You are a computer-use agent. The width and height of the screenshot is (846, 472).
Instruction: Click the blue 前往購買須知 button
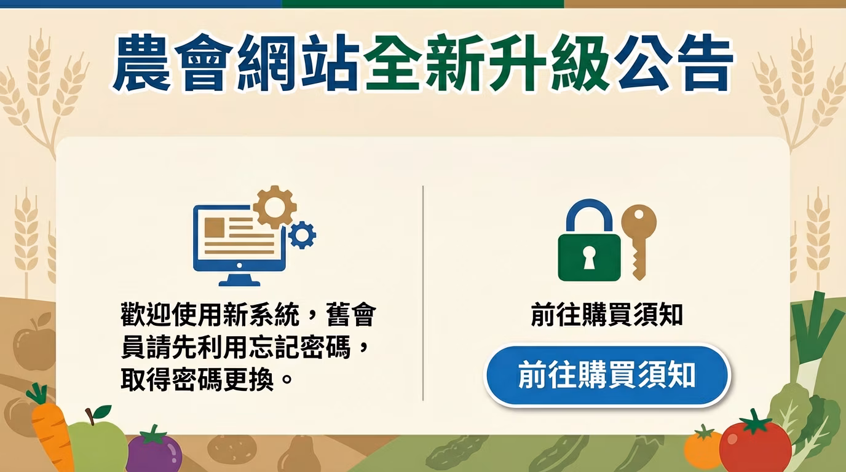pyautogui.click(x=607, y=375)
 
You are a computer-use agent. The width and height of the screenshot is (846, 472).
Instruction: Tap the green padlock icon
pyautogui.click(x=589, y=254)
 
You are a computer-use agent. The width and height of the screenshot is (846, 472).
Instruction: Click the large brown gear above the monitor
pyautogui.click(x=275, y=207)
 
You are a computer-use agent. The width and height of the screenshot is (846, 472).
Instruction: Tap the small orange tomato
pyautogui.click(x=703, y=448)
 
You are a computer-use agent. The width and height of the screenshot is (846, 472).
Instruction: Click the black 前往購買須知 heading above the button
pyautogui.click(x=606, y=316)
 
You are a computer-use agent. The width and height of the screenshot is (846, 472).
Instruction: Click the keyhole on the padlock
pyautogui.click(x=589, y=258)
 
